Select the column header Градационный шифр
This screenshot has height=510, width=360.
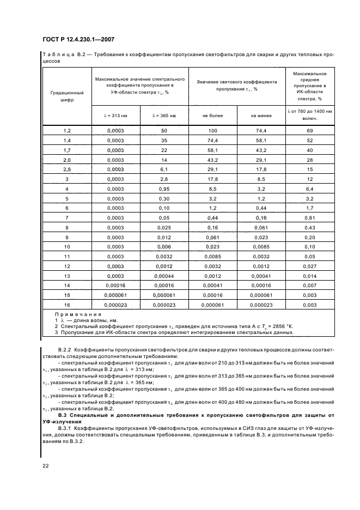[67, 96]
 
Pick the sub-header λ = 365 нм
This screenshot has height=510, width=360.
[164, 116]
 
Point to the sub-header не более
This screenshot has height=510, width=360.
[212, 116]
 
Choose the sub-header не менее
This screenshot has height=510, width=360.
[261, 116]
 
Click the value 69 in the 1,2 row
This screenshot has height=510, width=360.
[309, 131]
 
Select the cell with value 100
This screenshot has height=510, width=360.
[212, 131]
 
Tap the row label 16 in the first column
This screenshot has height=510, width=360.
[67, 305]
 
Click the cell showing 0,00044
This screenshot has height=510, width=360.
[164, 276]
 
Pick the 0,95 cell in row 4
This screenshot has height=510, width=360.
[164, 189]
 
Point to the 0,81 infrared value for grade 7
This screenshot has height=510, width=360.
[309, 217]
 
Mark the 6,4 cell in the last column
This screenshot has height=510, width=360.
[309, 189]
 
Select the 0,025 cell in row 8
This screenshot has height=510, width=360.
[164, 227]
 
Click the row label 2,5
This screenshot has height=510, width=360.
[67, 169]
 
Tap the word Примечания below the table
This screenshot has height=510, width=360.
[74, 315]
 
